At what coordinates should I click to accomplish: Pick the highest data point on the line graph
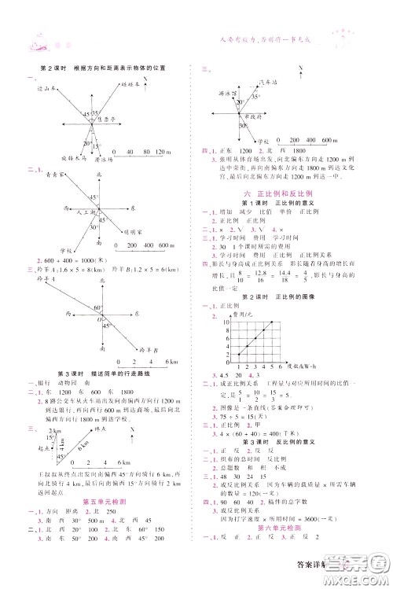(x=272, y=322)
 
